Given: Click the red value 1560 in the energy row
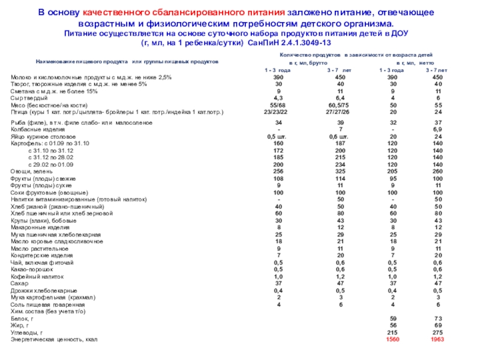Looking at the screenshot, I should click(392, 339).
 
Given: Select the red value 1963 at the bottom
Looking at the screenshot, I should click(437, 339).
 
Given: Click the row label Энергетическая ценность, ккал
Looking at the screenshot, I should click(53, 340).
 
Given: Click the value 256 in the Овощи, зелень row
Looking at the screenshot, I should click(278, 171).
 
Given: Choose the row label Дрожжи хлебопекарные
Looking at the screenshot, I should click(40, 290).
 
